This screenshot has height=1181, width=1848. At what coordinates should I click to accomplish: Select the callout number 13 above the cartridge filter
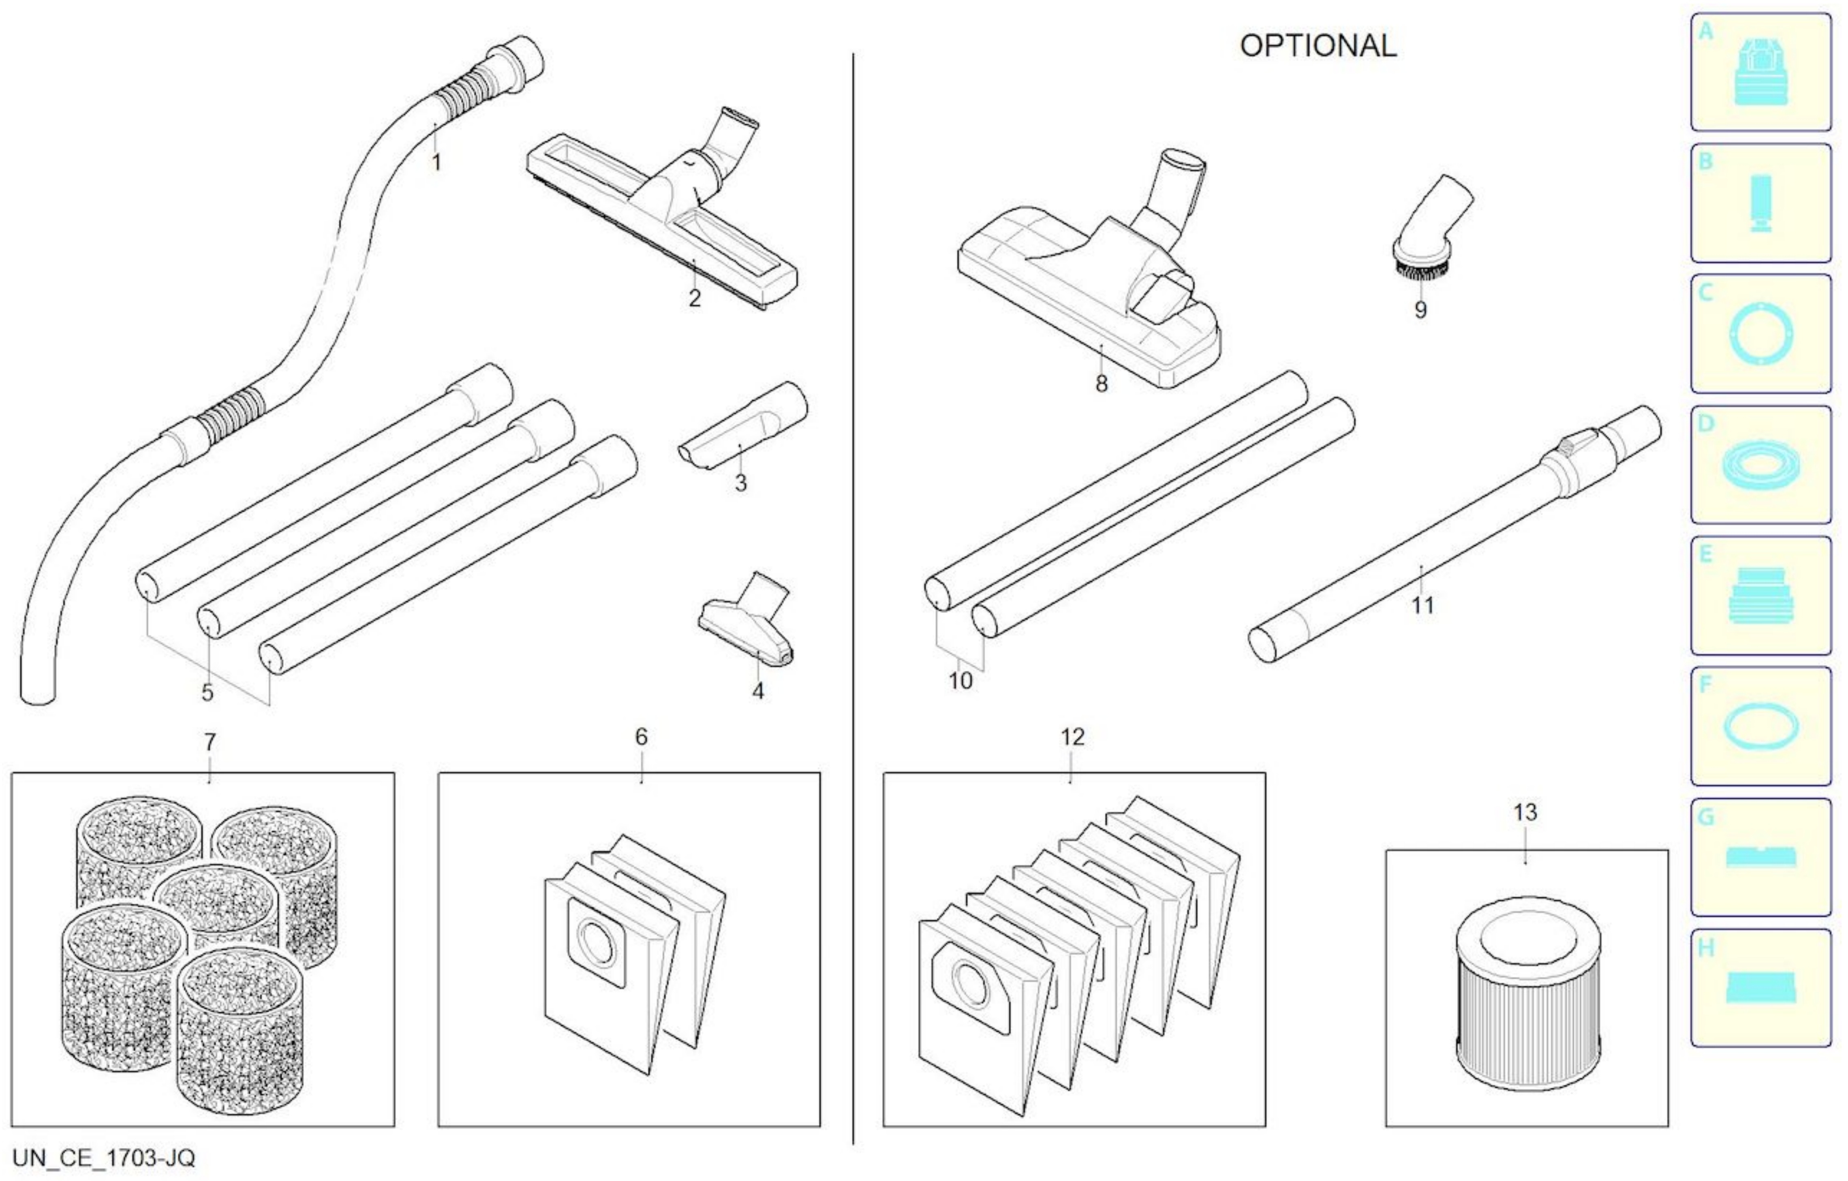point(1525,812)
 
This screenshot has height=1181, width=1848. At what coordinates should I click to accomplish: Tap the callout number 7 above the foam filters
point(210,742)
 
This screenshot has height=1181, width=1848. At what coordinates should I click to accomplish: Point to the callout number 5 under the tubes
point(207,692)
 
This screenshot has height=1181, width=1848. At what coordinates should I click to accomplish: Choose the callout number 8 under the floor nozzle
point(1101,384)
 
